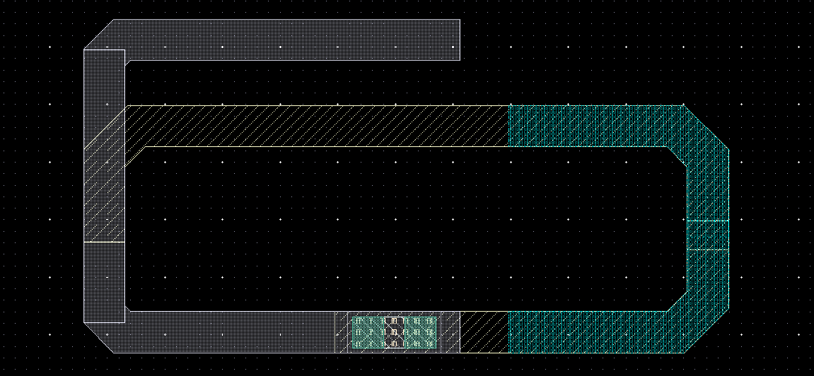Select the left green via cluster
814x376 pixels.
coord(368,333)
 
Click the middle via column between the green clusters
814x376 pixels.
coord(394,333)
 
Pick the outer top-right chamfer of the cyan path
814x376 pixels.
coord(705,127)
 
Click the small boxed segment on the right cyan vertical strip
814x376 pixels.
coord(708,235)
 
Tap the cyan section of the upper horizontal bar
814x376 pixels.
coord(594,126)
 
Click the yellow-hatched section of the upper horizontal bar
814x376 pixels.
coord(318,126)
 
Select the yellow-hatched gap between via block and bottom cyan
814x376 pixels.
coord(484,331)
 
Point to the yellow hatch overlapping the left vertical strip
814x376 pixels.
coord(104,191)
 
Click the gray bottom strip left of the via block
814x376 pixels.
coord(226,331)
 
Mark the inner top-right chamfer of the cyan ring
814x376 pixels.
coord(680,157)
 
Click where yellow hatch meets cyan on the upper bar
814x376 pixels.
coord(510,126)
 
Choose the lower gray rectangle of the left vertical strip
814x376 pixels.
coord(104,282)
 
